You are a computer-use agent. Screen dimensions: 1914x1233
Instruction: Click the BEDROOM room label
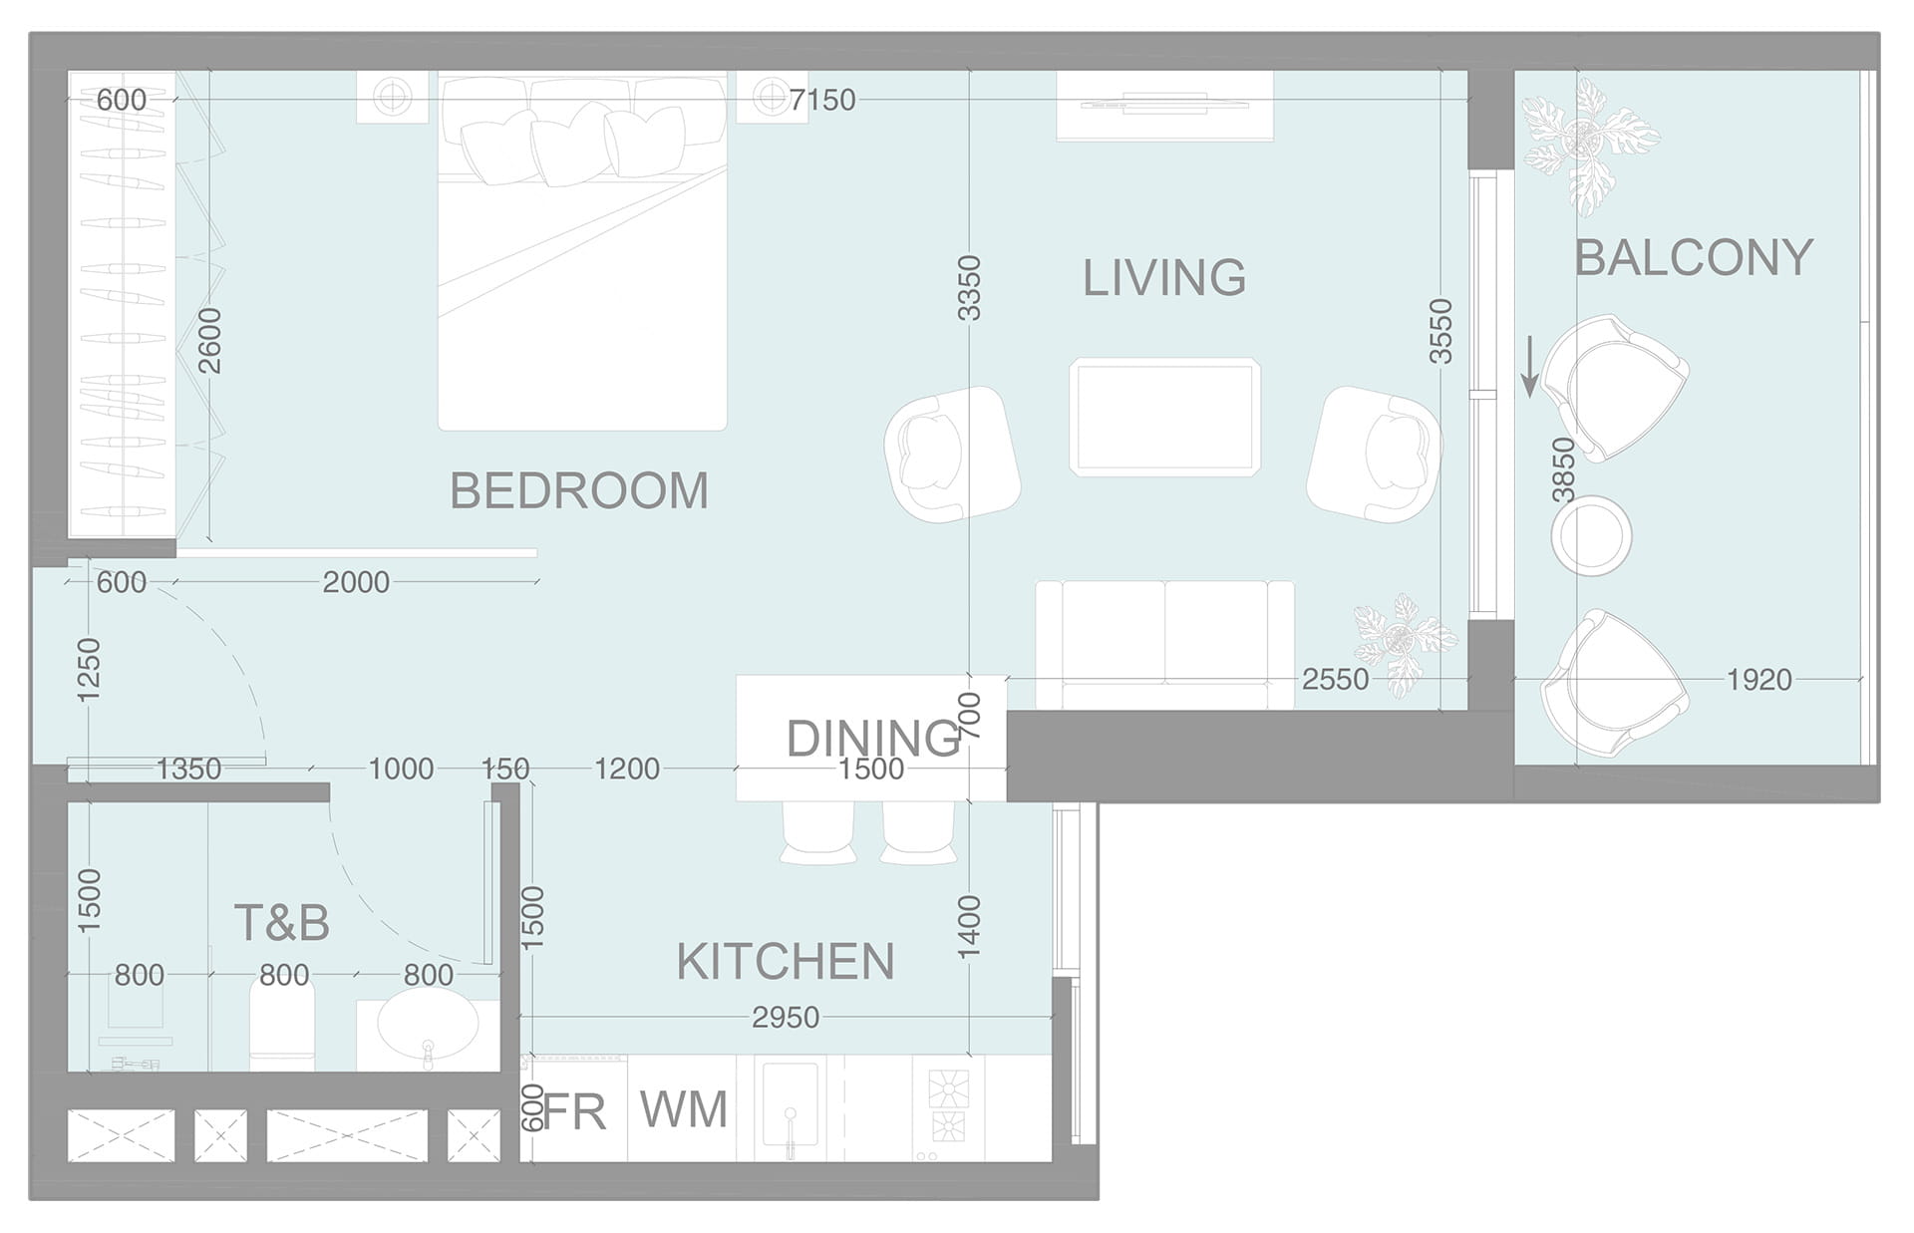[579, 490]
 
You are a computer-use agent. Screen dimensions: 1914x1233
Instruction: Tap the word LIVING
[1164, 277]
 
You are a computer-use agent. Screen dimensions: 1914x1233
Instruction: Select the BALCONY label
[1693, 258]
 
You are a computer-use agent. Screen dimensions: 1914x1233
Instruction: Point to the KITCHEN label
[786, 962]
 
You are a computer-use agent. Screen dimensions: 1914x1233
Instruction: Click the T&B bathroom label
[282, 923]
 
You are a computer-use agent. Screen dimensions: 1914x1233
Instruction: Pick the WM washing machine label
[684, 1109]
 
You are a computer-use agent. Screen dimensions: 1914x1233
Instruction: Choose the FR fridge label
[575, 1111]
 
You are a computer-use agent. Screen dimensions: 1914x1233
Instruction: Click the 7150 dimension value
[822, 100]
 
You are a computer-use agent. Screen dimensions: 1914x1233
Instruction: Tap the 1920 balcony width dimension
[1759, 680]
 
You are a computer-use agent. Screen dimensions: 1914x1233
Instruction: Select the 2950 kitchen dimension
[786, 1018]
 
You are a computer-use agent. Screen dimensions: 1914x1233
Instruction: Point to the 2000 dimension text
[356, 582]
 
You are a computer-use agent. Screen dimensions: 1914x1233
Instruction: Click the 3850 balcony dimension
[1563, 471]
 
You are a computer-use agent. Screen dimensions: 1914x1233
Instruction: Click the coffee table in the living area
[1164, 417]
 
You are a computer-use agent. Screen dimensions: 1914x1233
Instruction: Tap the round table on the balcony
[1591, 535]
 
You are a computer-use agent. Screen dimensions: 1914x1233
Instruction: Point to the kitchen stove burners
[948, 1106]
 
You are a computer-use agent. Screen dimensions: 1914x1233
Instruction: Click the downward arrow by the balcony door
[1530, 367]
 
